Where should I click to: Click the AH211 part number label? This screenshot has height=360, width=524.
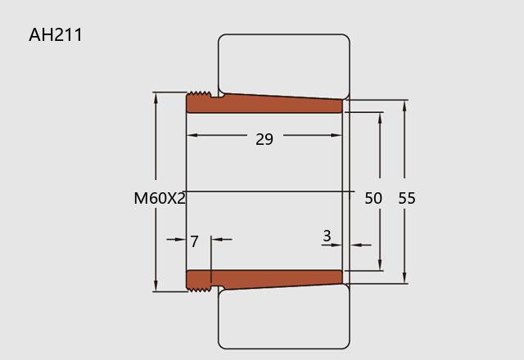pos(56,35)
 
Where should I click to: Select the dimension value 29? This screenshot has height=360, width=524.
pos(264,139)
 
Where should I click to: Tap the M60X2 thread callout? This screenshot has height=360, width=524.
pos(160,198)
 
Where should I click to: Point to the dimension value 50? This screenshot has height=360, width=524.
pos(373,198)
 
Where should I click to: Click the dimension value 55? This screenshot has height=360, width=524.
pos(407,198)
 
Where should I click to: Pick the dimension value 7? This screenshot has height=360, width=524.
pos(194,241)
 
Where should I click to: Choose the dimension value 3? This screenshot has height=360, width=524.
pos(327,236)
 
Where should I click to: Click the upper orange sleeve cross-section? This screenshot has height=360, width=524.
pos(264,103)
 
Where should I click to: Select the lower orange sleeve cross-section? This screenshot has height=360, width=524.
pos(264,280)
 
